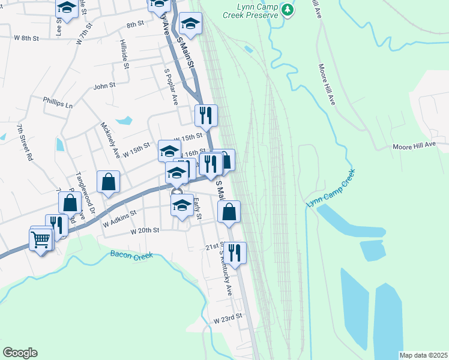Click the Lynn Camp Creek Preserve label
coord(249,10)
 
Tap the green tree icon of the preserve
coord(288,10)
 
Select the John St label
coord(104,86)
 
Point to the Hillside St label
coord(125,55)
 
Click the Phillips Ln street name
coord(57,102)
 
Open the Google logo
coord(20,352)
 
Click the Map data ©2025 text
coord(423,355)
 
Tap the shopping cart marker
coord(40,240)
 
